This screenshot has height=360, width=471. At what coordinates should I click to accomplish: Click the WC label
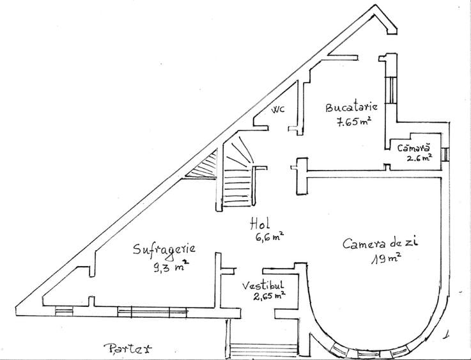[x=278, y=110]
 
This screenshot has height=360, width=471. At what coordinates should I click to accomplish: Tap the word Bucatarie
[x=351, y=107]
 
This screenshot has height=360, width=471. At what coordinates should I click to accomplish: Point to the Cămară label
[x=413, y=148]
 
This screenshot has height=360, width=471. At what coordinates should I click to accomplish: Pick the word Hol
[x=260, y=224]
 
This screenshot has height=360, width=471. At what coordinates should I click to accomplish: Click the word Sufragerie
[x=164, y=250]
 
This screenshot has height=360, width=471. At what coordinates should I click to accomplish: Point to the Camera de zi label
[x=380, y=244]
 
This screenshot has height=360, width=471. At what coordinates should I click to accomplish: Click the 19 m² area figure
[x=387, y=258]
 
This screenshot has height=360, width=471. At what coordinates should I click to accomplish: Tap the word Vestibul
[x=263, y=285]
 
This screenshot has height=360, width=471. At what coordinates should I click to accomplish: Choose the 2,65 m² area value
[x=269, y=296]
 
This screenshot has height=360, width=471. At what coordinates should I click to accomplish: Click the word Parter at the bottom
[x=128, y=348]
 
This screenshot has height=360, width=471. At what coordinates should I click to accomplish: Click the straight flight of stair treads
[x=237, y=187]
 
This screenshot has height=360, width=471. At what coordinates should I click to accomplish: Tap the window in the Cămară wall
[x=446, y=154]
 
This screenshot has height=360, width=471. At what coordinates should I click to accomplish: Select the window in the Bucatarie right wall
[x=391, y=90]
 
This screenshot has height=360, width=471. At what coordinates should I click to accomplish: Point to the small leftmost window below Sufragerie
[x=64, y=311]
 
